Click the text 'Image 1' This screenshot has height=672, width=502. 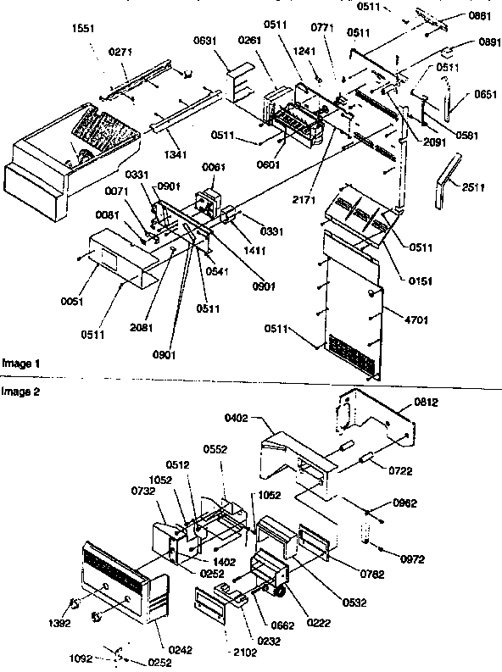(x=20, y=363)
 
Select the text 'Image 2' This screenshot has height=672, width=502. (x=20, y=392)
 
